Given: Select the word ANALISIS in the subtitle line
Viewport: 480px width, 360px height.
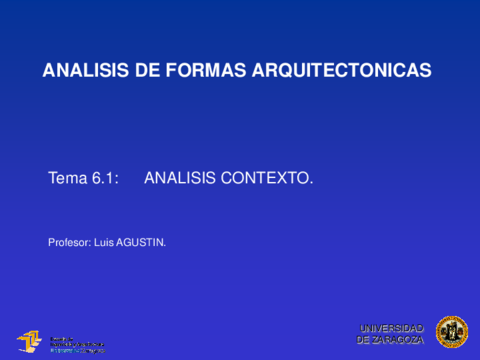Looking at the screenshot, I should pos(185,178).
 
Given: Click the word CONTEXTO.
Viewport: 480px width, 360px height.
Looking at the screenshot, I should pos(272,178).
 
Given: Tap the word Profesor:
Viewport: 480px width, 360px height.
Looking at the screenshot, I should pos(69,242).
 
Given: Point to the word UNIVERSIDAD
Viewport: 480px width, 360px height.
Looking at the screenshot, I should pos(391,328).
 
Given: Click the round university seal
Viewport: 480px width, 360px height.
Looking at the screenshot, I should pos(451,333).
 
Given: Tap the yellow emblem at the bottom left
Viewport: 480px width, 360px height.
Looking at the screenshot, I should pos(30,341).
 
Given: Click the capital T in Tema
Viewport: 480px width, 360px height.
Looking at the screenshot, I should pos(53,178).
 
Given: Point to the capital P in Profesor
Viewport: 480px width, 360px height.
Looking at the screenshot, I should pos(51,242).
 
